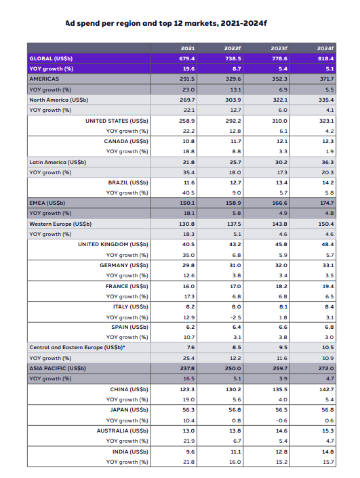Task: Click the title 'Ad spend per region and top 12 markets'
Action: (166, 23)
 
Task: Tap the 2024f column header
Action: (326, 48)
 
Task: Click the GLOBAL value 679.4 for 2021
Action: (188, 58)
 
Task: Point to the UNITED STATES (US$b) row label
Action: (117, 120)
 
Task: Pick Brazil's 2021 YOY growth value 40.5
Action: (188, 193)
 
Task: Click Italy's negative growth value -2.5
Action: (233, 317)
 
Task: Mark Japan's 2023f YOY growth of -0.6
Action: (279, 420)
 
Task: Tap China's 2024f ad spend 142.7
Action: (327, 389)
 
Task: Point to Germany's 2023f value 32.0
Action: (280, 265)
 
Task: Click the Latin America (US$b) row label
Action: (58, 162)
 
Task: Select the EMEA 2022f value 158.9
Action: (233, 203)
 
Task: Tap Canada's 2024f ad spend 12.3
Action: (327, 141)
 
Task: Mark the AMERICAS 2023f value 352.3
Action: (280, 79)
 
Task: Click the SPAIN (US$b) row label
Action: (129, 327)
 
